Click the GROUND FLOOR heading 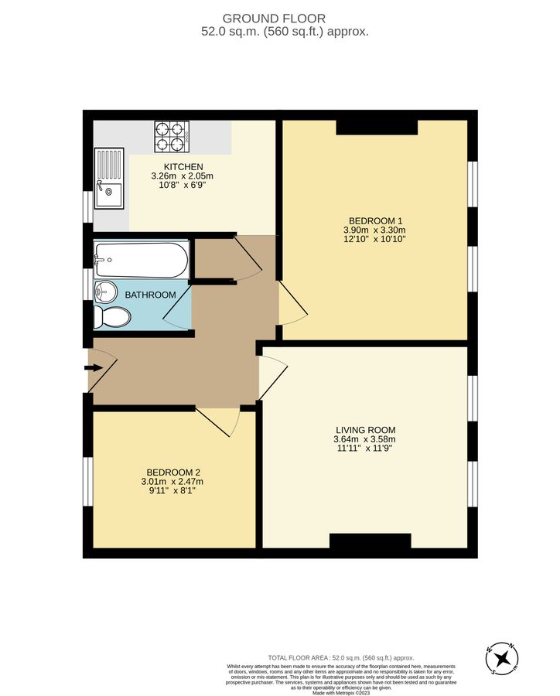pyautogui.click(x=274, y=18)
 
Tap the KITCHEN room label pyautogui.click(x=183, y=167)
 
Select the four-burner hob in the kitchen pyautogui.click(x=171, y=136)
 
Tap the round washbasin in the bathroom pyautogui.click(x=104, y=292)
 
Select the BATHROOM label pyautogui.click(x=151, y=295)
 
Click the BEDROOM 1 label pyautogui.click(x=374, y=220)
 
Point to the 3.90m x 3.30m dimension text pyautogui.click(x=374, y=230)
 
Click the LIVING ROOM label pyautogui.click(x=366, y=430)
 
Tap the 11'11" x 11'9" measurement pyautogui.click(x=366, y=449)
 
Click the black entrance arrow pyautogui.click(x=93, y=367)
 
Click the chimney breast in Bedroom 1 pyautogui.click(x=377, y=128)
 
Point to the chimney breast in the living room pyautogui.click(x=370, y=541)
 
